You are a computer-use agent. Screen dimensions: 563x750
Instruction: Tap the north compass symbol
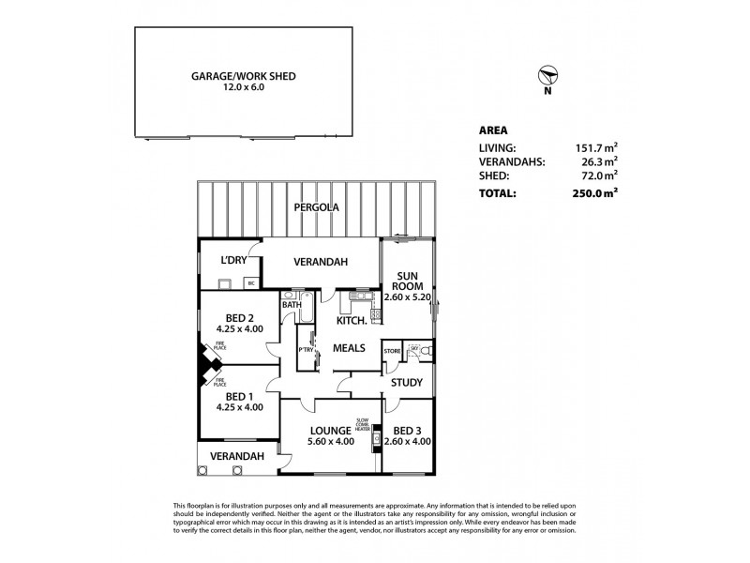(549, 76)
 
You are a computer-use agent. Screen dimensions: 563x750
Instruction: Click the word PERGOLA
(314, 207)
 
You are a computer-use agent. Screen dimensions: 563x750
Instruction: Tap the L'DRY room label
(232, 261)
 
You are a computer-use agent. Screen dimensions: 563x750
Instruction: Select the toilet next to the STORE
(424, 352)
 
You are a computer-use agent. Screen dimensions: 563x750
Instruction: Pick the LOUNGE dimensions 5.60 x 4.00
(332, 442)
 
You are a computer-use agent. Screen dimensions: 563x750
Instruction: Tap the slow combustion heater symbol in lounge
(376, 438)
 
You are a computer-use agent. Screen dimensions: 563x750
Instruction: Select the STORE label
(393, 351)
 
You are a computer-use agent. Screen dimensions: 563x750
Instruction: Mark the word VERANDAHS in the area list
(510, 161)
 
